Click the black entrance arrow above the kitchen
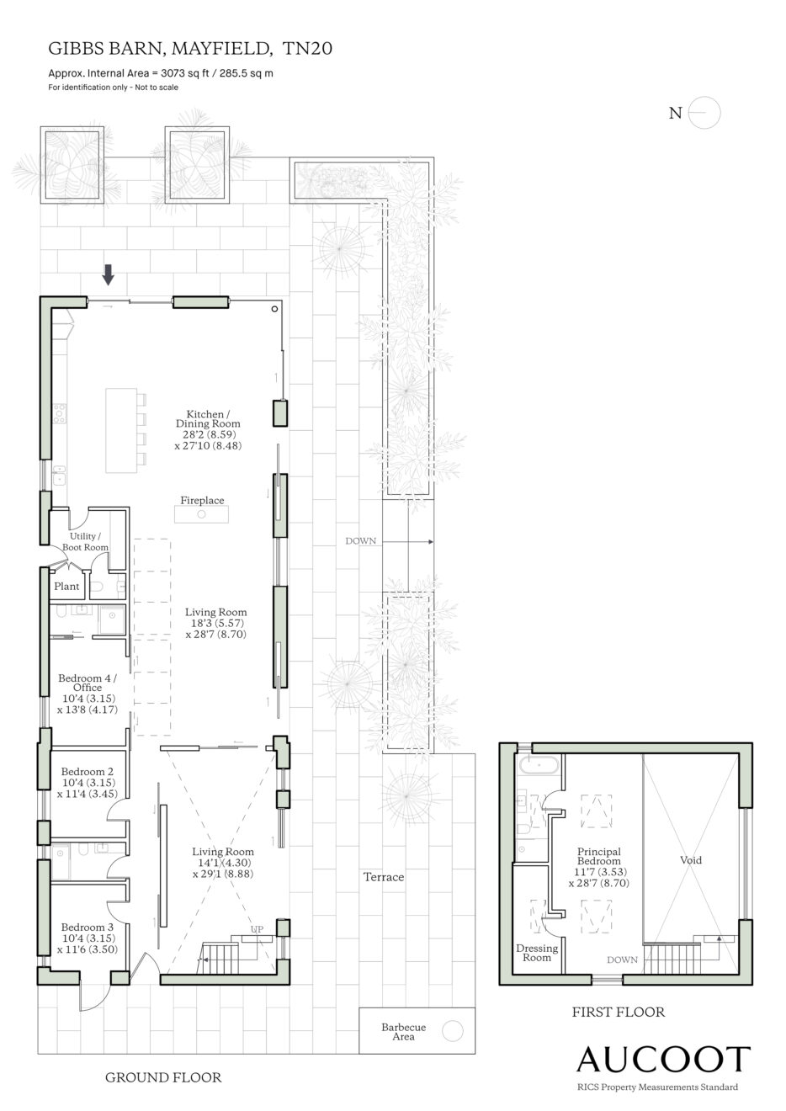click(108, 274)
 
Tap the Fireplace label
click(202, 501)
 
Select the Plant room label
click(66, 587)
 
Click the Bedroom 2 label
click(88, 772)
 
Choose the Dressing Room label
click(537, 954)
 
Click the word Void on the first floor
click(691, 860)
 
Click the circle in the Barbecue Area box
click(452, 1032)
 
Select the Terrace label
click(384, 877)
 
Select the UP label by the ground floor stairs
click(257, 929)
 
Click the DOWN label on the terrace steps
click(360, 541)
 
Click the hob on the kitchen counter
click(60, 413)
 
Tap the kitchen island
click(121, 431)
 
